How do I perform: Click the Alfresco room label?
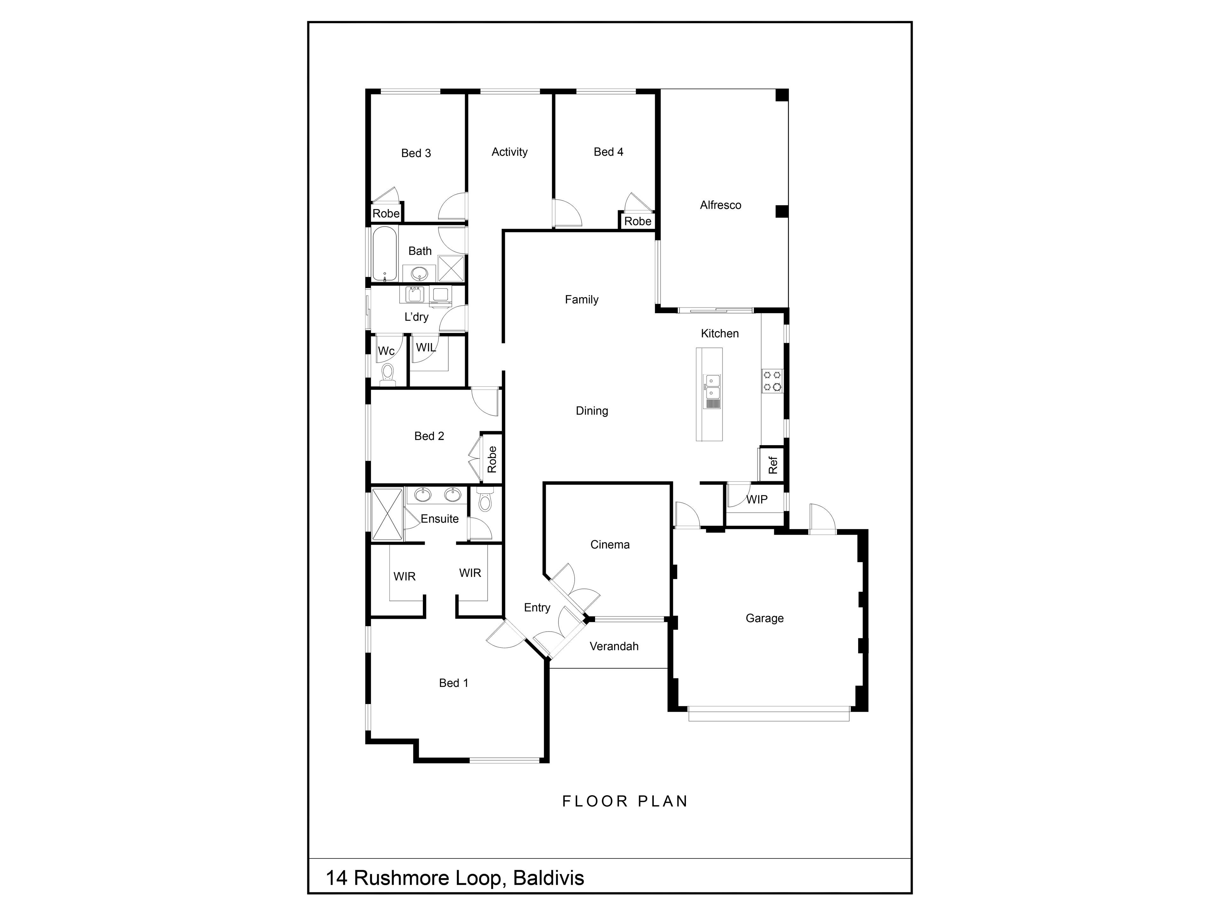(x=720, y=205)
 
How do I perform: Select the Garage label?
(x=764, y=618)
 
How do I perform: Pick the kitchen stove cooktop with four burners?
(x=772, y=381)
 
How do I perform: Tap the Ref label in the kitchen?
(x=773, y=465)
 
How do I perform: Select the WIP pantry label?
(x=757, y=500)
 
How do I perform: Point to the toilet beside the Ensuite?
(x=484, y=500)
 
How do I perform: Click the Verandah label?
(x=614, y=647)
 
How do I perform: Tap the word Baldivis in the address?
(x=548, y=878)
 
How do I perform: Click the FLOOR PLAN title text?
(x=625, y=801)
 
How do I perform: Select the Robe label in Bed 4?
(x=638, y=221)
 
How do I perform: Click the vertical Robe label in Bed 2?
(x=492, y=459)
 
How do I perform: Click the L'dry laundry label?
(x=417, y=317)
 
